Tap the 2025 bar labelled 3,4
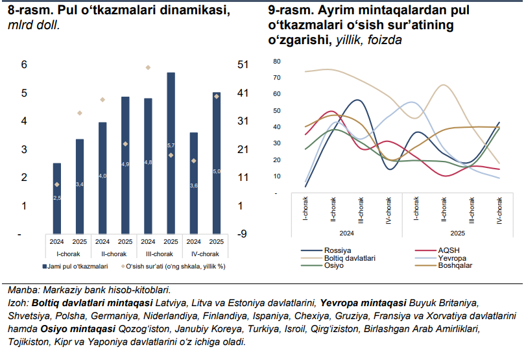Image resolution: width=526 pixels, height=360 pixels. tap(80, 186)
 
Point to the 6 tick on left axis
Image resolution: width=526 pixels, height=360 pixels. tap(23, 64)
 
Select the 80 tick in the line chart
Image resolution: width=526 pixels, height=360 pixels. tap(276, 61)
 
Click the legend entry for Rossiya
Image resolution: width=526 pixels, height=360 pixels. tap(337, 250)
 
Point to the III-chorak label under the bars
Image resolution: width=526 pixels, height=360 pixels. tap(159, 254)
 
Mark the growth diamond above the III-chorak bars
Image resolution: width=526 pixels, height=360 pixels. tap(148, 67)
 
